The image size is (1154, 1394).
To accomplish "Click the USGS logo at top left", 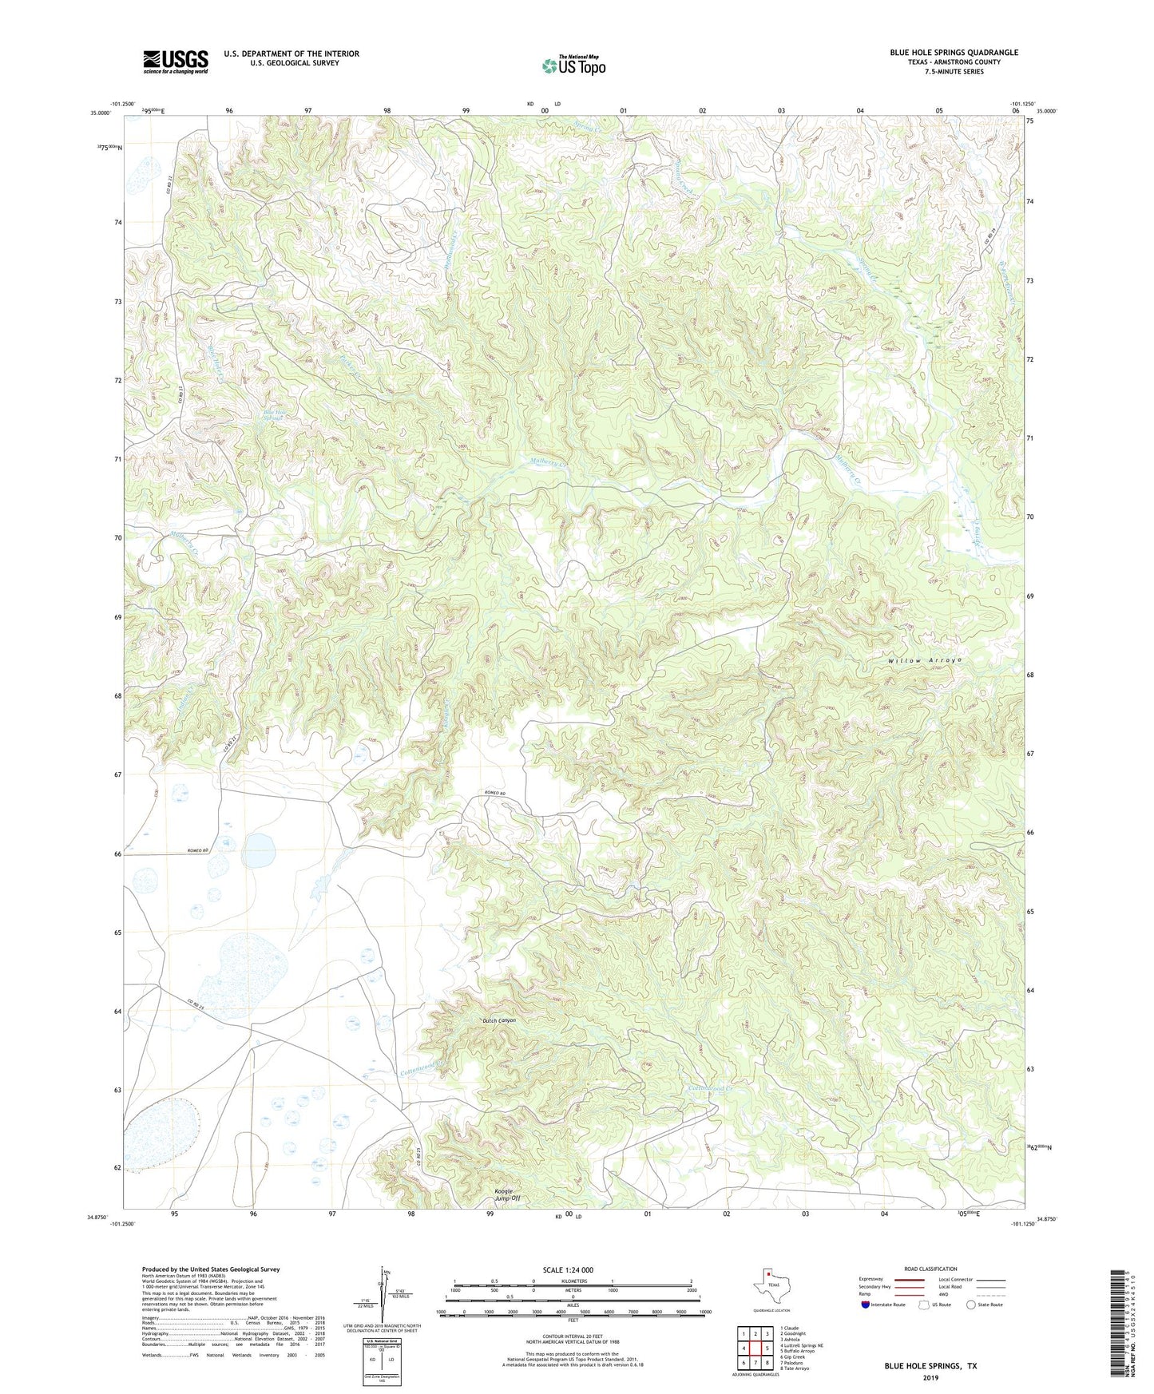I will pyautogui.click(x=176, y=61).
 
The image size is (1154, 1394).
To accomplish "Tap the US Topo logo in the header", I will pyautogui.click(x=573, y=65).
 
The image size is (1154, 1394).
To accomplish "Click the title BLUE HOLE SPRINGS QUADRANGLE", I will pyautogui.click(x=954, y=53).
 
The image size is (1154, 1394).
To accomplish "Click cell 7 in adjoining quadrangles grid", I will pyautogui.click(x=753, y=1363).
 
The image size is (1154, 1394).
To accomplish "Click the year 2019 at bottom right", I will pyautogui.click(x=930, y=1377).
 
